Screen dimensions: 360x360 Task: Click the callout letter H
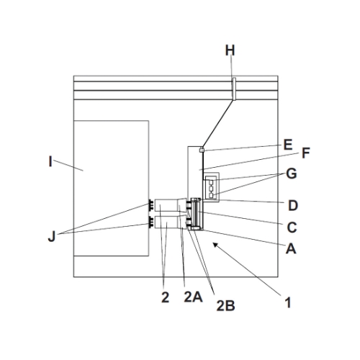coord(230,50)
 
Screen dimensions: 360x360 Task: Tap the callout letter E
coord(288,145)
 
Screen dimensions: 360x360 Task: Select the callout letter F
coord(305,153)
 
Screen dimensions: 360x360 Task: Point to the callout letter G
coord(292,174)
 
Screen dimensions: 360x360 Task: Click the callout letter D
coord(293,205)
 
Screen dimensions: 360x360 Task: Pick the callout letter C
coord(292,228)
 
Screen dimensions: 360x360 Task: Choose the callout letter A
coord(291,248)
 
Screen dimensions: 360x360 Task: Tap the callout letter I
coord(50,161)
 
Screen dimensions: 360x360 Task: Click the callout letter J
coord(52,236)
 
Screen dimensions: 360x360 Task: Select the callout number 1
coord(288,302)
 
